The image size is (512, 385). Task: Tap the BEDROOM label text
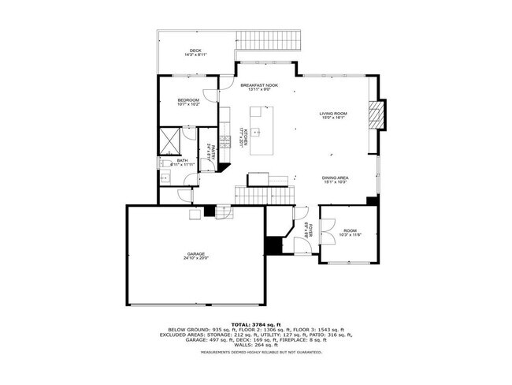tap(187, 99)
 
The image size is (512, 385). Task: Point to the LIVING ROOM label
tap(332, 114)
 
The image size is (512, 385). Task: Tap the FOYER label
tap(311, 231)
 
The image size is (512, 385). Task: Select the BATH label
tap(182, 160)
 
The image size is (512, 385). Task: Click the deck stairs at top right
tap(268, 38)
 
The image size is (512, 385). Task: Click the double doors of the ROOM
tap(328, 224)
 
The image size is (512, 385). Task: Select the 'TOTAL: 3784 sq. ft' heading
tap(255, 324)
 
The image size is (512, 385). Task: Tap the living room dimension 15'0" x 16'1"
tap(332, 119)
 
